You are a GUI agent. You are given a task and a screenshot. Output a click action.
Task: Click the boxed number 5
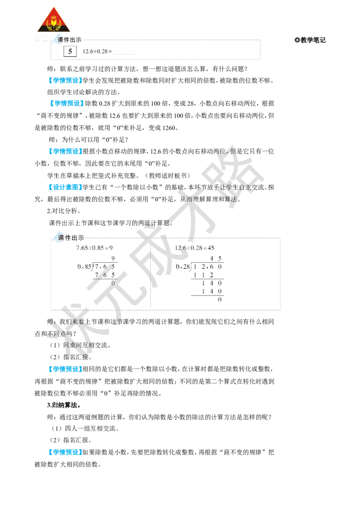[70, 51]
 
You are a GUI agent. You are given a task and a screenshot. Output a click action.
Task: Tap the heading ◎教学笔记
[310, 40]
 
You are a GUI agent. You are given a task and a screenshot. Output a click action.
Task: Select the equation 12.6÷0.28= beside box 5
[97, 51]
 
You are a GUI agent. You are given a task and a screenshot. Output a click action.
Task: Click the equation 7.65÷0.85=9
[94, 248]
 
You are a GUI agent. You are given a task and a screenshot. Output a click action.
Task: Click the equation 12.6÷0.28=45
[194, 248]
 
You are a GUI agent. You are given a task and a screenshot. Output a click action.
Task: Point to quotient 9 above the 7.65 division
[113, 259]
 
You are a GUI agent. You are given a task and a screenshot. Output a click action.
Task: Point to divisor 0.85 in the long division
[85, 267]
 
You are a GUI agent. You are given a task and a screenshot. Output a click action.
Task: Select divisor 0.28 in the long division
[183, 267]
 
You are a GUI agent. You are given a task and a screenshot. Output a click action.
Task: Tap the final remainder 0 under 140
[220, 299]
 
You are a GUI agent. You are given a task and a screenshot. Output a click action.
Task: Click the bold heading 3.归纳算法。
[64, 405]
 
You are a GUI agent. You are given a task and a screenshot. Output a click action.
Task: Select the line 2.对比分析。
[64, 211]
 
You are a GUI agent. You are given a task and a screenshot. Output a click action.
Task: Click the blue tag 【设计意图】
[64, 188]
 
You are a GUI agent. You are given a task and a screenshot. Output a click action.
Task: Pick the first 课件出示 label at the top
[70, 40]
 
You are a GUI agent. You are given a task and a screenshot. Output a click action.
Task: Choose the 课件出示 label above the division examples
[71, 238]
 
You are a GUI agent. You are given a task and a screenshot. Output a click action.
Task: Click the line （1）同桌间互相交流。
[80, 345]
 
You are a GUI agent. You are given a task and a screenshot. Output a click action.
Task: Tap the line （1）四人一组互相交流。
[85, 429]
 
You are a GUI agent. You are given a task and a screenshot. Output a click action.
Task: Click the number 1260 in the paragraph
[169, 128]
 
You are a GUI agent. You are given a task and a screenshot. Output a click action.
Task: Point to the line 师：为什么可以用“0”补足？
[88, 139]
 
